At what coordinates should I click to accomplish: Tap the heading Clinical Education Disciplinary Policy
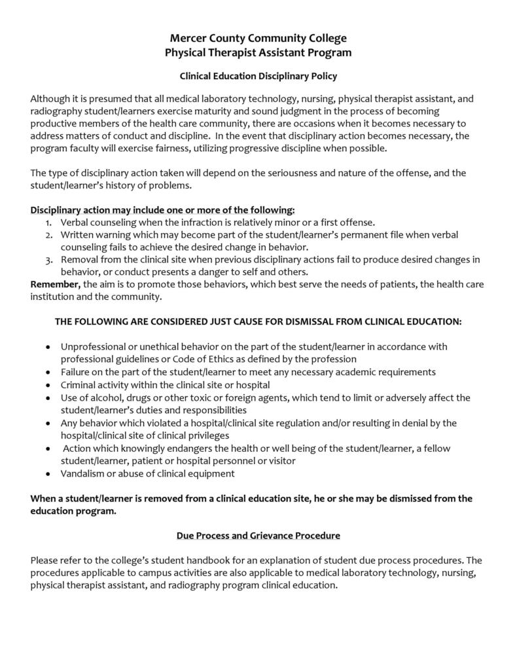click(x=258, y=77)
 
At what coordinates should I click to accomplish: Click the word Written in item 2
click(x=78, y=234)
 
